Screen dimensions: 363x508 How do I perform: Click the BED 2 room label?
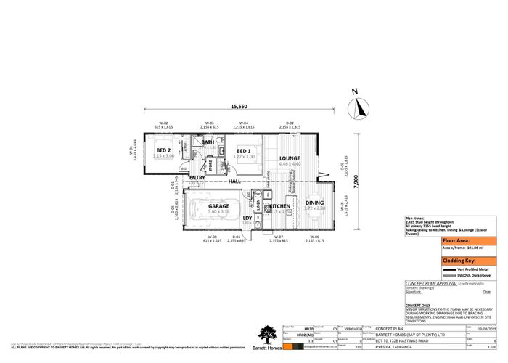pos(164,150)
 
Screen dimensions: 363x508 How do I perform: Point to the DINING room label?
pos(314,203)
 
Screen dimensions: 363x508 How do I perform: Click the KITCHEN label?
pos(280,206)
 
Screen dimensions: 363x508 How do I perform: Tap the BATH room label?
pos(208,142)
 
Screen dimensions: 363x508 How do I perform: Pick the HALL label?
pos(234,181)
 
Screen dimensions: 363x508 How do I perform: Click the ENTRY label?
pos(197,178)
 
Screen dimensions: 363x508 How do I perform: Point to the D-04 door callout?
pos(235,237)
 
